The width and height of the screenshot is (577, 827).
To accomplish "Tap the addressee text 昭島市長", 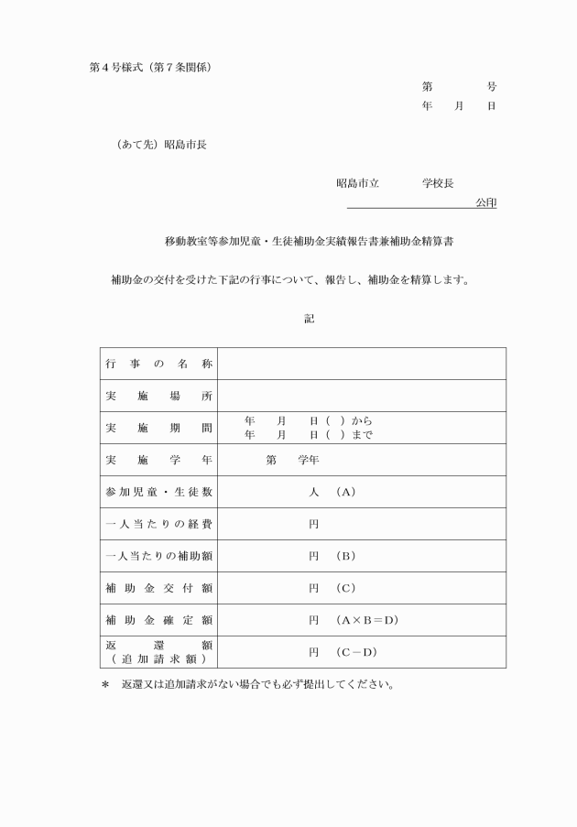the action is point(185,145).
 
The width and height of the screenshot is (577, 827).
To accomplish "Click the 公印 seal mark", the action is point(485,202).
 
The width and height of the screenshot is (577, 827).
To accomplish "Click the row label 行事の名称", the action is point(159,364).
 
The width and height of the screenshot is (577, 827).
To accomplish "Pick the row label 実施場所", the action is point(159,396).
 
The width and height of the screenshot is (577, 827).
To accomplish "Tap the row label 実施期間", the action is point(159,428).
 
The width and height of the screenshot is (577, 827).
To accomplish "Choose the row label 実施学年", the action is point(159,460).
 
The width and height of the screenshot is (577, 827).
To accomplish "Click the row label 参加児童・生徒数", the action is point(159,492).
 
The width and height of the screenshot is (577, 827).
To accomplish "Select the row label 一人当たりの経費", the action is point(159,524).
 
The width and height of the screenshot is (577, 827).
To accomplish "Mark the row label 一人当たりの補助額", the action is point(159,556).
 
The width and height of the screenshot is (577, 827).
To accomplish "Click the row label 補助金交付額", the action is point(159,588).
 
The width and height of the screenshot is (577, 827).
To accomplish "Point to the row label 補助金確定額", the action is point(159,620).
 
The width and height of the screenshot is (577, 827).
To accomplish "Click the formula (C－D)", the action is point(356,652).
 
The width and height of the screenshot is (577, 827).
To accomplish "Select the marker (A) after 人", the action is point(345,492).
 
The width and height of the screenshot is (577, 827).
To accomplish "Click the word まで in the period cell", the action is point(362,435).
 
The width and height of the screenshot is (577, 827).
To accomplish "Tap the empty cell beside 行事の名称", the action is point(362,364).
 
